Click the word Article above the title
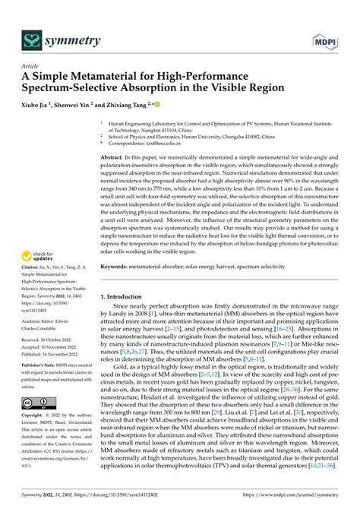(30, 66)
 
